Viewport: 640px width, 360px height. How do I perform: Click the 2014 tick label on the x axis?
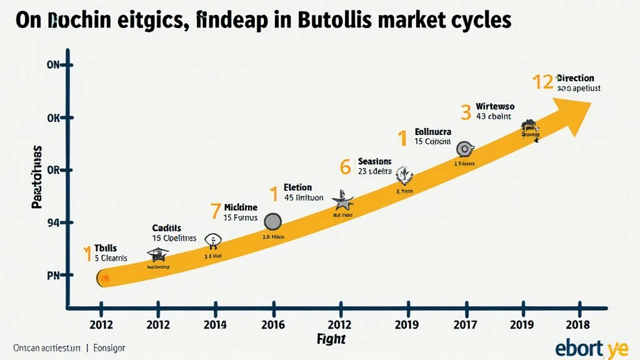click(x=215, y=324)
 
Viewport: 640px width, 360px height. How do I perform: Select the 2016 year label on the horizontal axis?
click(x=272, y=324)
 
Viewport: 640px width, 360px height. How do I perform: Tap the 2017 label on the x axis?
click(x=465, y=324)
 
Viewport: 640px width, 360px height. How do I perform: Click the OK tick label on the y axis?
click(x=52, y=118)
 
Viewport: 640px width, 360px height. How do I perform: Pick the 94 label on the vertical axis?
click(x=52, y=222)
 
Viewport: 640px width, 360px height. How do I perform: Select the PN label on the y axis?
click(x=52, y=275)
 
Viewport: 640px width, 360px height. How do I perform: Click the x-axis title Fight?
click(x=331, y=339)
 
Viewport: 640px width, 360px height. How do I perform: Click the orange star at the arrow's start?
click(x=105, y=277)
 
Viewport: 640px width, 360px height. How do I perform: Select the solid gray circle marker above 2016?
click(x=273, y=221)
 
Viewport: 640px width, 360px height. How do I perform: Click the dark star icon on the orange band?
click(x=342, y=201)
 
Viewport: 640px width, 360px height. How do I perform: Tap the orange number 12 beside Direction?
click(x=542, y=82)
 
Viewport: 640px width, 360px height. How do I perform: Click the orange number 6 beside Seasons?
click(x=345, y=167)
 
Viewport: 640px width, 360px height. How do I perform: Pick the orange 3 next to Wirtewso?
click(x=466, y=112)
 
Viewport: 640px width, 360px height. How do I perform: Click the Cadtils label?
click(x=166, y=228)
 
